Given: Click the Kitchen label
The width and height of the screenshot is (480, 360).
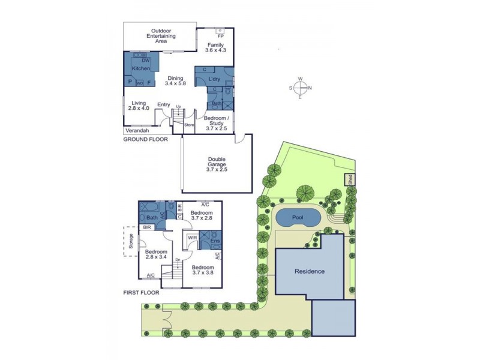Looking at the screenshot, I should (x=141, y=69).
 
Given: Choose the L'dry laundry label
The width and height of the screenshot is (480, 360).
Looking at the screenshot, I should (x=214, y=79).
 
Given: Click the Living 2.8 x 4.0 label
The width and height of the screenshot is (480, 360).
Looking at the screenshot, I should (x=139, y=106).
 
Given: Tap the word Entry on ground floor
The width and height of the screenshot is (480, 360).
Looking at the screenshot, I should (x=163, y=105).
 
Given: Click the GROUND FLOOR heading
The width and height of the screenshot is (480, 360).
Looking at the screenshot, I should (x=145, y=139).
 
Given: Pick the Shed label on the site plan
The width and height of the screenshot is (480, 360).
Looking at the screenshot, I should (x=349, y=179).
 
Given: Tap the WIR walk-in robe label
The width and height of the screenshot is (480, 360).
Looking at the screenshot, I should (x=193, y=238).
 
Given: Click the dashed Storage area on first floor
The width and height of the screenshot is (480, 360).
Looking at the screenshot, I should (x=131, y=241).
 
